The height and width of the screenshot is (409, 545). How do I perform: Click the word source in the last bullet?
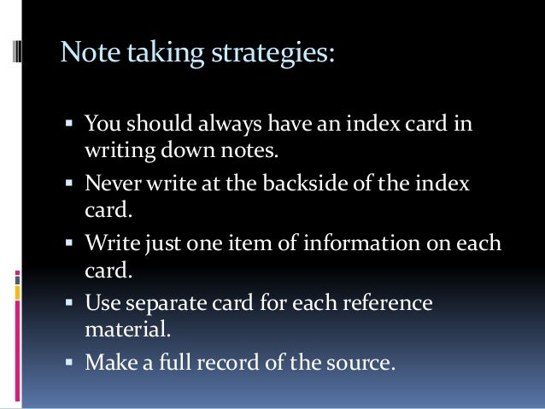coord(362,362)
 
